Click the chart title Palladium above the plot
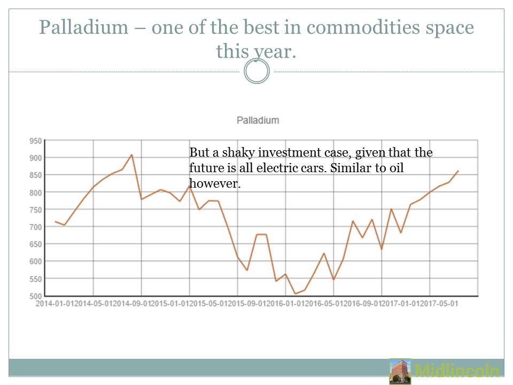258,120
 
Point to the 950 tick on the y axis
35,141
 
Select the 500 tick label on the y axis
35,296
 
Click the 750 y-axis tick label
35,210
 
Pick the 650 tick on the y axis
35,244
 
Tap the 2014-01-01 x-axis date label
53,303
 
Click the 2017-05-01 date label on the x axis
440,303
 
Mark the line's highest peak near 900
131,155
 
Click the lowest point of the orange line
295,294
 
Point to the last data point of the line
458,171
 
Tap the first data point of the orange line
55,221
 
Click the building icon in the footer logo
400,371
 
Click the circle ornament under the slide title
256,72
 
